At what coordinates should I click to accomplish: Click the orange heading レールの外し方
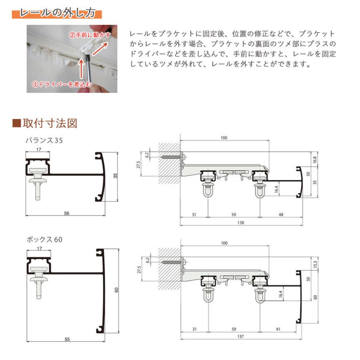point(57,13)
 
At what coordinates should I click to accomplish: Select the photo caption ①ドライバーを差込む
point(62,84)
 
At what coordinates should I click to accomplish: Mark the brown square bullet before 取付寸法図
point(16,123)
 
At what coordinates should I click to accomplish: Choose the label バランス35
point(44,140)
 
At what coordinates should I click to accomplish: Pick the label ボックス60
point(44,240)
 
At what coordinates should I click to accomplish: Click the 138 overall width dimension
point(240,223)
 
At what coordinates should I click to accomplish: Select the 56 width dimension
point(66,213)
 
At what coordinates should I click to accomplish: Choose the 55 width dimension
point(66,339)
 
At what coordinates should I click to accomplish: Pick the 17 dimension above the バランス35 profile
point(38,150)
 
